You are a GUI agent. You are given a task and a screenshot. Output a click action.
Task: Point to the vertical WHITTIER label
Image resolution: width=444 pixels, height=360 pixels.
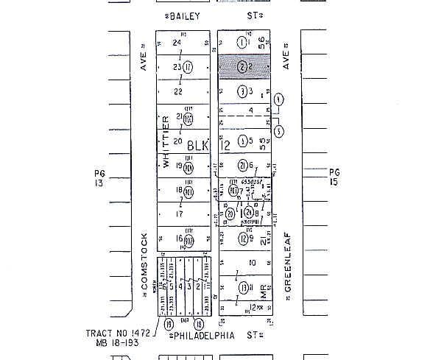pos(166,141)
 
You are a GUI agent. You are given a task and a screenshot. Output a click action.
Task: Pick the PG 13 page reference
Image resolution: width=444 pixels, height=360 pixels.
pos(100,178)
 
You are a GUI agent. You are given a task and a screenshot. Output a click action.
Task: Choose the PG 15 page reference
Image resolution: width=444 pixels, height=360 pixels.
pos(335,176)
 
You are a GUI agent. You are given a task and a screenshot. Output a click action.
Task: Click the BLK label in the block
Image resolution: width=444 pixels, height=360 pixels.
pos(197,144)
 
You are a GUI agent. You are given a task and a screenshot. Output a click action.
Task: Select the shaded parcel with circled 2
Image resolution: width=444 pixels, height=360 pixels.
pos(244,67)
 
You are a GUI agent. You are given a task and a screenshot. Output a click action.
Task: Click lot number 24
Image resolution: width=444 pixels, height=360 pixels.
pos(177,43)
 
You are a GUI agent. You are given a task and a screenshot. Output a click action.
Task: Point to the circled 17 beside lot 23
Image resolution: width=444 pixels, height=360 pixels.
pos(188,67)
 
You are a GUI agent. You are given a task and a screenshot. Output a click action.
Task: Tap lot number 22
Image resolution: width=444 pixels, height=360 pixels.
pos(177,91)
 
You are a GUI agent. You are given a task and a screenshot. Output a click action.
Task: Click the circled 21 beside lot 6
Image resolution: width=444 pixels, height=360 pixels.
pos(242,165)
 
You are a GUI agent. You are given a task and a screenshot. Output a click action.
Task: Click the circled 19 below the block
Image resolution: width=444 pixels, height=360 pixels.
pos(169,323)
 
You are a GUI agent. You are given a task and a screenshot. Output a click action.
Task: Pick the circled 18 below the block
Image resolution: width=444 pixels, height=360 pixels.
pos(198,323)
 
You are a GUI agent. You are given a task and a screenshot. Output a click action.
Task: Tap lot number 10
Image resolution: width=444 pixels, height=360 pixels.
pos(252,262)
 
